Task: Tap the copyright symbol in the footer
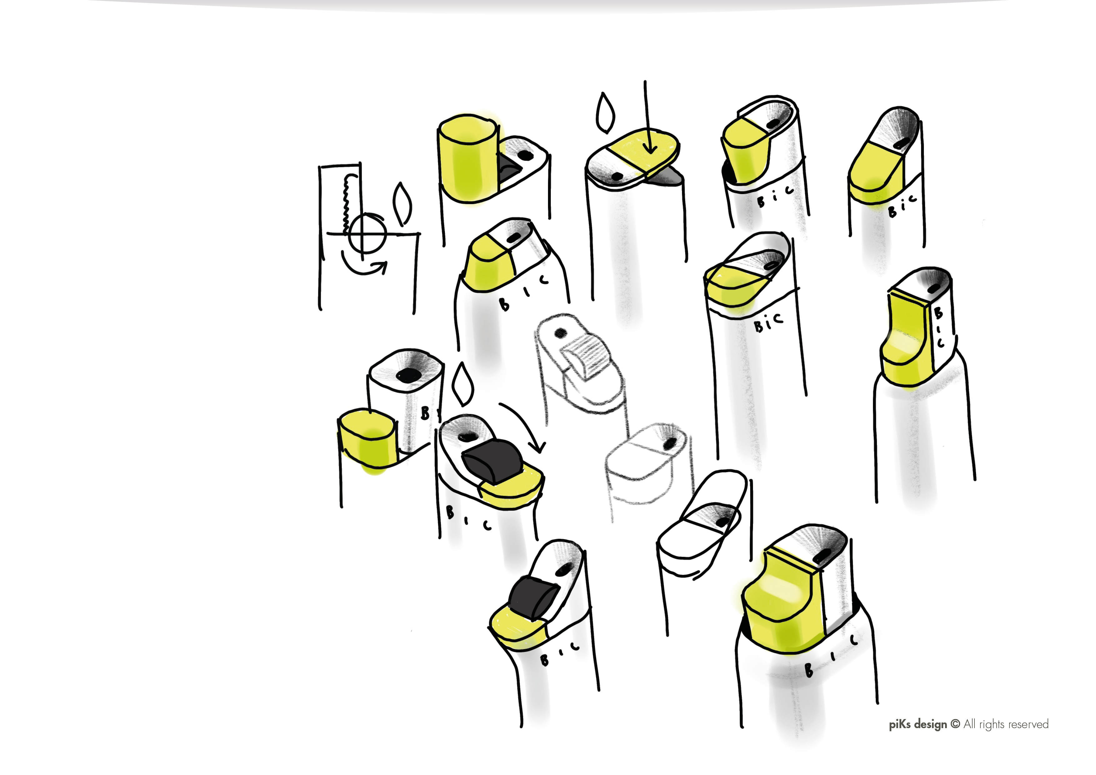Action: coord(955,724)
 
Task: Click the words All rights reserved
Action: coord(1006,724)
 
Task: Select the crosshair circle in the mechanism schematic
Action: coord(366,234)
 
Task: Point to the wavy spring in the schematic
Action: coord(347,201)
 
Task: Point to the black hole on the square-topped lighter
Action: coord(409,375)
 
